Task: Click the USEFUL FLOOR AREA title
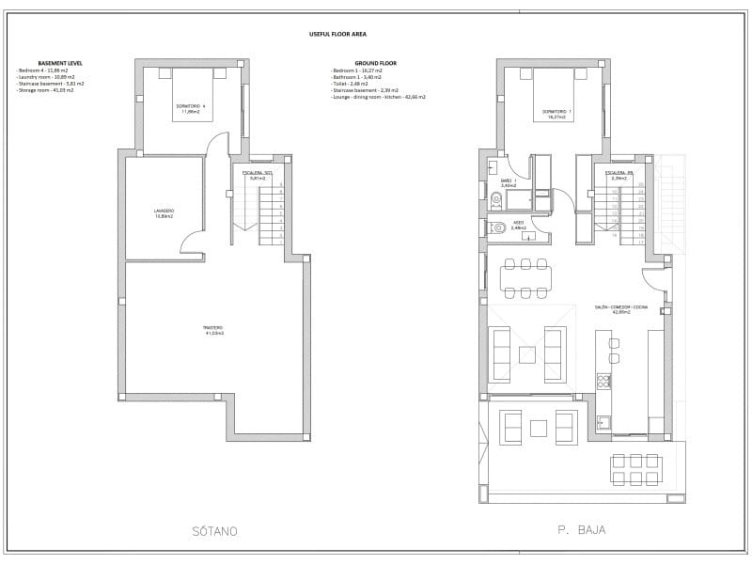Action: tap(337, 33)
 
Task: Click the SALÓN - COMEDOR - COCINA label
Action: tap(620, 308)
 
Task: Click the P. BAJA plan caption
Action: tap(580, 530)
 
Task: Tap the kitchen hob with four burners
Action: tap(603, 381)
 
